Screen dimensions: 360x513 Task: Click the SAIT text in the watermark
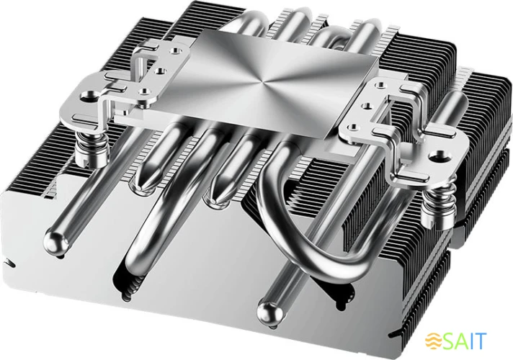[x=468, y=340]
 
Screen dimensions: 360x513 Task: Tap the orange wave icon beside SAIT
[x=434, y=341]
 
